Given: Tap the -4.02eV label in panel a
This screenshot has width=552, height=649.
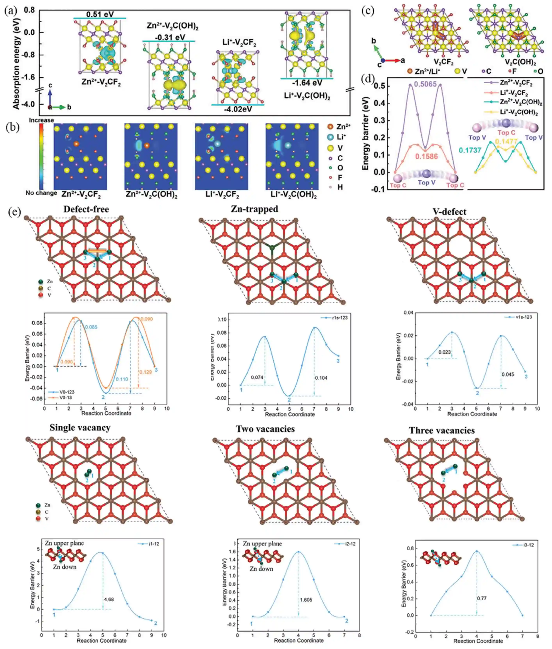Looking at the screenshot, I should (x=238, y=109).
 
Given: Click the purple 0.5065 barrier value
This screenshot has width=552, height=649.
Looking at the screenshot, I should (x=425, y=84).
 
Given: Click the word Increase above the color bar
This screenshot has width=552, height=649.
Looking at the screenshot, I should (x=41, y=120).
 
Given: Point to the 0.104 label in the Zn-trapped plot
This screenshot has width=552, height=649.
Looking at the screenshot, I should (x=321, y=378).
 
